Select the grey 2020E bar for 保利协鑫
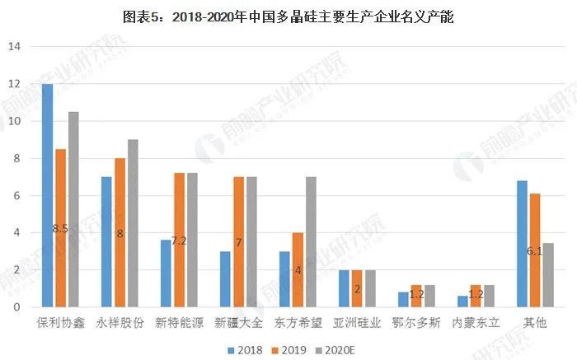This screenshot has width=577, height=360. pyautogui.click(x=73, y=209)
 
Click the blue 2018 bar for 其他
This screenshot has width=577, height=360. pyautogui.click(x=522, y=244)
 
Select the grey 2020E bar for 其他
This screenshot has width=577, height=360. pyautogui.click(x=548, y=275)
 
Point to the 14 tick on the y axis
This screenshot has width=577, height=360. pyautogui.click(x=13, y=46)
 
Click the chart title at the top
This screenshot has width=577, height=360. pyautogui.click(x=288, y=16)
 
